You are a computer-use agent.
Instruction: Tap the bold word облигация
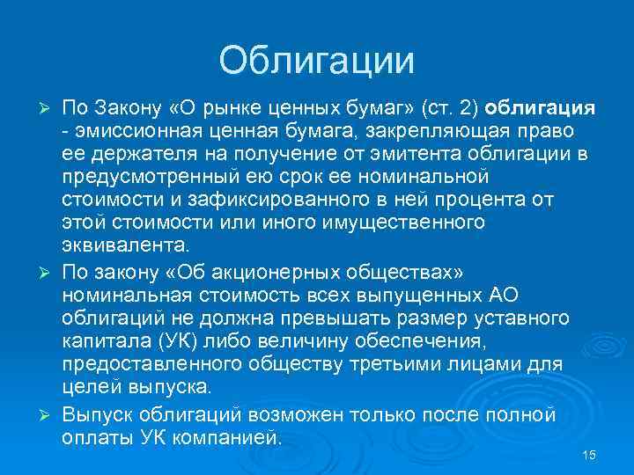pos(541,108)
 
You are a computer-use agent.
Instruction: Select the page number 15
pos(589,454)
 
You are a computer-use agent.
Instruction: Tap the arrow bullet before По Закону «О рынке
pos(49,108)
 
